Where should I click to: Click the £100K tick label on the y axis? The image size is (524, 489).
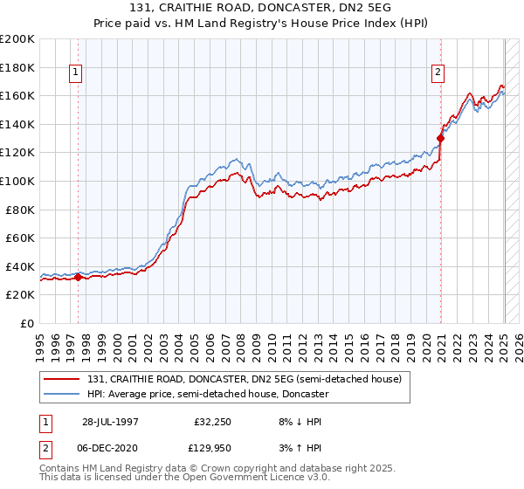click(17, 181)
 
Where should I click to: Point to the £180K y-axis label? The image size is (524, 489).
click(17, 67)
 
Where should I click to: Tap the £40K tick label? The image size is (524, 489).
click(20, 266)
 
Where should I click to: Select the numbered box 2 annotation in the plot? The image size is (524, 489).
click(438, 73)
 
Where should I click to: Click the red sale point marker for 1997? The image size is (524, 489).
click(78, 278)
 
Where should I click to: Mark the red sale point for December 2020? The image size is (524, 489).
click(441, 138)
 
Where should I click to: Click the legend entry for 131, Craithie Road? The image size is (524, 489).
click(244, 379)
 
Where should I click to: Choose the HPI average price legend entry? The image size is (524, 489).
click(207, 394)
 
